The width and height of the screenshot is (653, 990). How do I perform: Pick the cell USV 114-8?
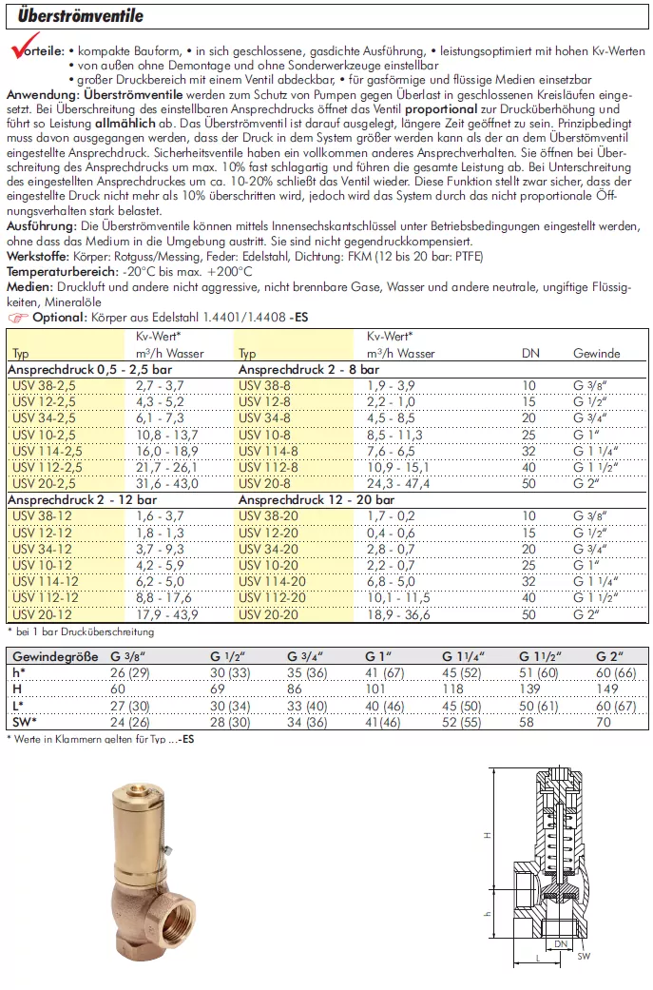click(x=271, y=451)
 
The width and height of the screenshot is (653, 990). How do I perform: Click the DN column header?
click(x=529, y=353)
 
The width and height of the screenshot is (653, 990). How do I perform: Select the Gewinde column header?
click(x=596, y=353)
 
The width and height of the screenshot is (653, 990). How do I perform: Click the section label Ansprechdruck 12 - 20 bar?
click(x=316, y=499)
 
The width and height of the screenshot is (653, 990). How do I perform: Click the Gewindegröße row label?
click(x=49, y=655)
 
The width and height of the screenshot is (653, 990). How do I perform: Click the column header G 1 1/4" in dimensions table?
click(x=463, y=655)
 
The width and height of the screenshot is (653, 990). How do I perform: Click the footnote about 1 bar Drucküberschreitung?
click(x=80, y=631)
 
